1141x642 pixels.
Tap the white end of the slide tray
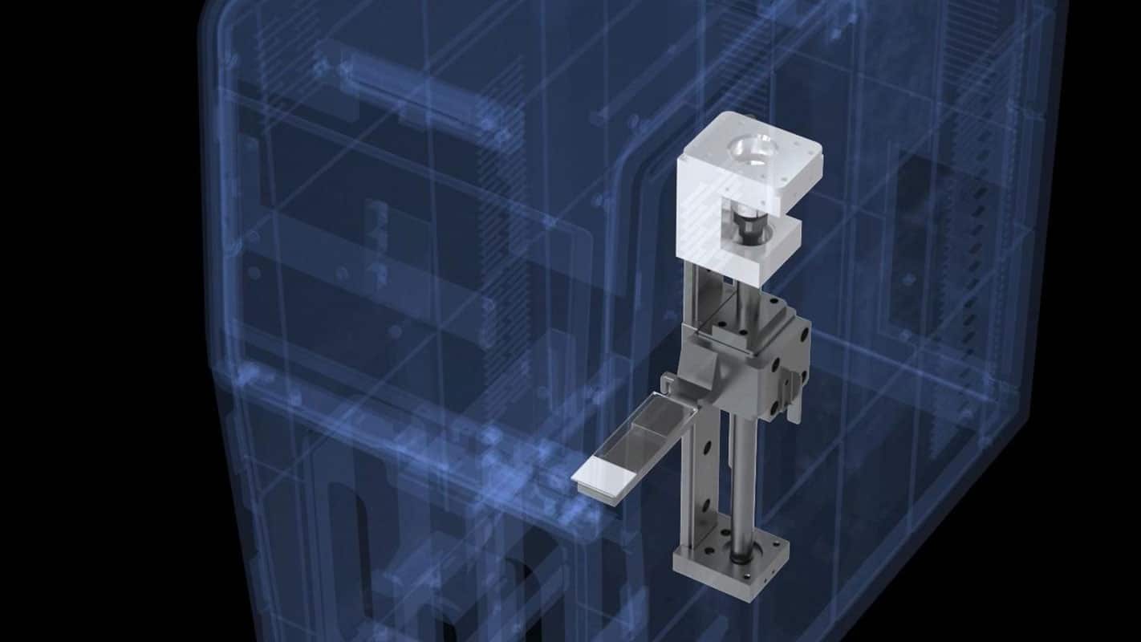603,481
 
